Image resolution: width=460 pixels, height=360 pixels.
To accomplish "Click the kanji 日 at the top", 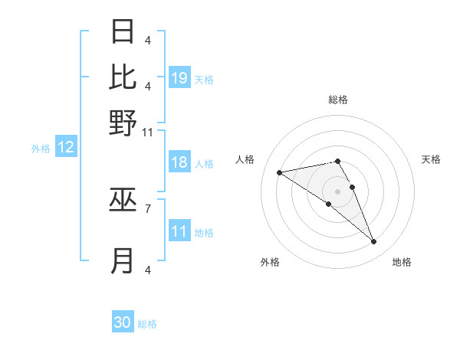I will pyautogui.click(x=123, y=33).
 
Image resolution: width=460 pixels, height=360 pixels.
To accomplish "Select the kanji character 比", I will pyautogui.click(x=123, y=77).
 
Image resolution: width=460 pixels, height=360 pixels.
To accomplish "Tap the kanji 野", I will pyautogui.click(x=123, y=123).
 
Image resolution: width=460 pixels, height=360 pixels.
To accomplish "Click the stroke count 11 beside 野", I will pyautogui.click(x=148, y=133).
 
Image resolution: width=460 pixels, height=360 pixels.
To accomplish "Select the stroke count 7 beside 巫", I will pyautogui.click(x=148, y=208).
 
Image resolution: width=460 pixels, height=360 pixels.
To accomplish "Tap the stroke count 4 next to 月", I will pyautogui.click(x=148, y=270).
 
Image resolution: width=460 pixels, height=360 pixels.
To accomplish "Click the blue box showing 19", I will pyautogui.click(x=179, y=77).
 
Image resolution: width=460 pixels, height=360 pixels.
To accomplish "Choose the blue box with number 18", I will pyautogui.click(x=179, y=162).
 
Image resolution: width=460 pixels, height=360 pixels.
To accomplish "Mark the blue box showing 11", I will pyautogui.click(x=179, y=231).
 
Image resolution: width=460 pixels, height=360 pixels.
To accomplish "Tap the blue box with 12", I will pyautogui.click(x=66, y=147).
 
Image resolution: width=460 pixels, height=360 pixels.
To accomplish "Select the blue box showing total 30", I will pyautogui.click(x=123, y=322).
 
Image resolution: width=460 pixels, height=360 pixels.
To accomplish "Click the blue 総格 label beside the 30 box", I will pyautogui.click(x=147, y=324).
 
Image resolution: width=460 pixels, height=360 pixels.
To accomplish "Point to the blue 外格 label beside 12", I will pyautogui.click(x=41, y=149).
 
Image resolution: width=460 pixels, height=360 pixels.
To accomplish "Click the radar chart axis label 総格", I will pyautogui.click(x=337, y=100).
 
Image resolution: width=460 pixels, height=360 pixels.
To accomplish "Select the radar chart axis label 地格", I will pyautogui.click(x=402, y=263).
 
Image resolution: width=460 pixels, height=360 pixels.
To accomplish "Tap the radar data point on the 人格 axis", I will pyautogui.click(x=279, y=172).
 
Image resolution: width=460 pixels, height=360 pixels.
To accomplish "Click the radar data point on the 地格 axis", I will pyautogui.click(x=374, y=242).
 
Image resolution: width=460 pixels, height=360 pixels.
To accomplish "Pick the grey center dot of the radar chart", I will pyautogui.click(x=337, y=191).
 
